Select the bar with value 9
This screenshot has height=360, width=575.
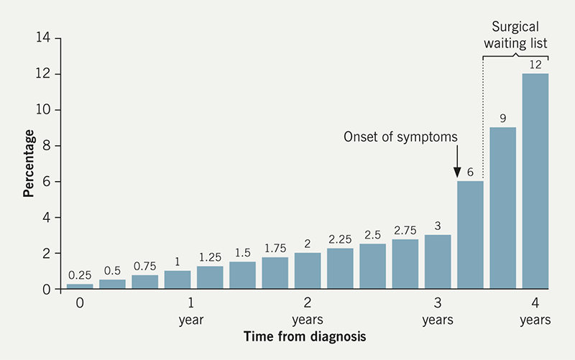tap(503, 208)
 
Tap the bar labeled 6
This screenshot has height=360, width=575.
tap(470, 235)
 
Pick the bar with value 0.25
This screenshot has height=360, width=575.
tap(80, 286)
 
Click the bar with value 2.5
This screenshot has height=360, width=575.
tap(372, 267)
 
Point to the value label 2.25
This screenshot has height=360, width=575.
tap(340, 239)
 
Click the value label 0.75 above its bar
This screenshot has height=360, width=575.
tap(144, 265)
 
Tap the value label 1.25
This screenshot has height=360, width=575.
tap(210, 257)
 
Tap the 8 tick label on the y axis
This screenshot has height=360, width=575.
tap(47, 146)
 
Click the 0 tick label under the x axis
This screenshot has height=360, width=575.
tap(80, 303)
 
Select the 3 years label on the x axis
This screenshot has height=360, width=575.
tap(438, 310)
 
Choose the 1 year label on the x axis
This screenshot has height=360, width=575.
tap(191, 310)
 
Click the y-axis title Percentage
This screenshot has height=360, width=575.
tap(29, 163)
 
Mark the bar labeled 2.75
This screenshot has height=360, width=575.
tap(405, 264)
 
